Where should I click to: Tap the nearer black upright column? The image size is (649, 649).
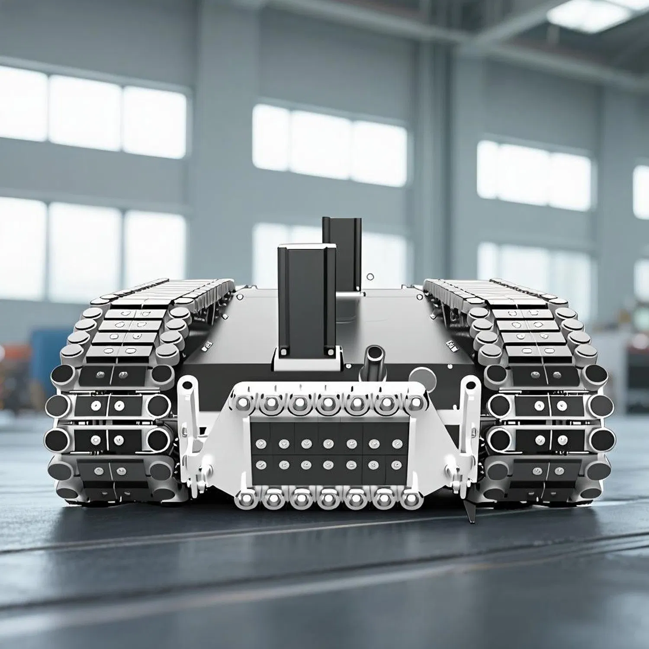[x=306, y=299]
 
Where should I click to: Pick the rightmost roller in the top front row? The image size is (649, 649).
[x=412, y=403]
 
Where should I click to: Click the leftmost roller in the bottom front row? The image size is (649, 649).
[x=245, y=499]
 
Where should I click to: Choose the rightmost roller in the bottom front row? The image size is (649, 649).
[x=411, y=500]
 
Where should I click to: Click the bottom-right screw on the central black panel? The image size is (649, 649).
[x=396, y=465]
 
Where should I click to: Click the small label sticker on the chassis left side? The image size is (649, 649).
[x=207, y=344]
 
